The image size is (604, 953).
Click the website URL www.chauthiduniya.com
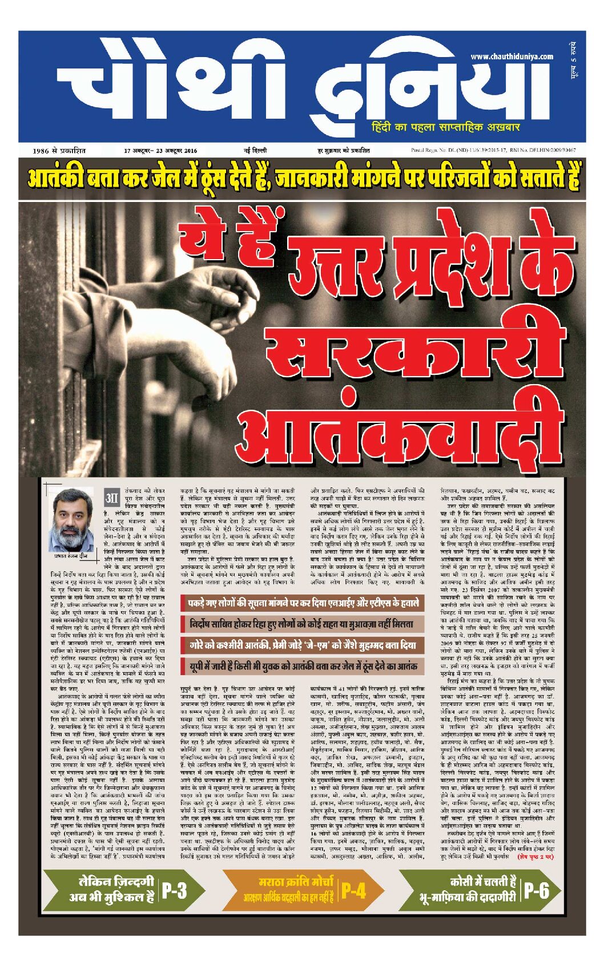point(512,56)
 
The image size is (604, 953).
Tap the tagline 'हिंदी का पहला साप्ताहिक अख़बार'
point(445,127)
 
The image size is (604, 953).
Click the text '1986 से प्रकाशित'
point(59,151)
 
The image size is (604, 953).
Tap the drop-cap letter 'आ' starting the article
point(112,498)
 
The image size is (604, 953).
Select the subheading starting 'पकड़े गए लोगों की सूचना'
point(303,603)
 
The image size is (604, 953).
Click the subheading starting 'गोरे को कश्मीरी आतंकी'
point(303,645)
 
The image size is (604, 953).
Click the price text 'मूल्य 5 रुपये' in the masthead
point(573,60)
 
